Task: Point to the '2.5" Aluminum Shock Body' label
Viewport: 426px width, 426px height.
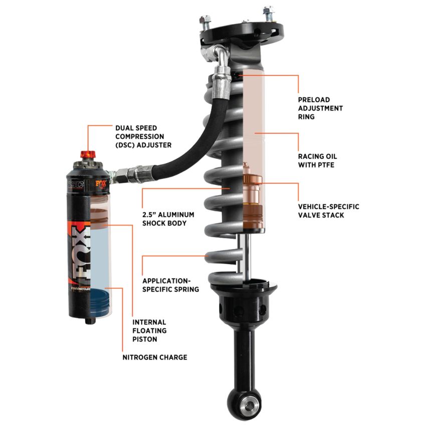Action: pos(168,219)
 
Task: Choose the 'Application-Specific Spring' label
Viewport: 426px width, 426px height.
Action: pos(170,285)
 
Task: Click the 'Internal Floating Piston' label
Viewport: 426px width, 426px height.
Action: pos(149,331)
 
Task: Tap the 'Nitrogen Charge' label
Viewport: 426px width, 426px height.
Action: pos(155,357)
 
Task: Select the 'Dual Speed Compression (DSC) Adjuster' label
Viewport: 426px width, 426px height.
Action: pos(143,136)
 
